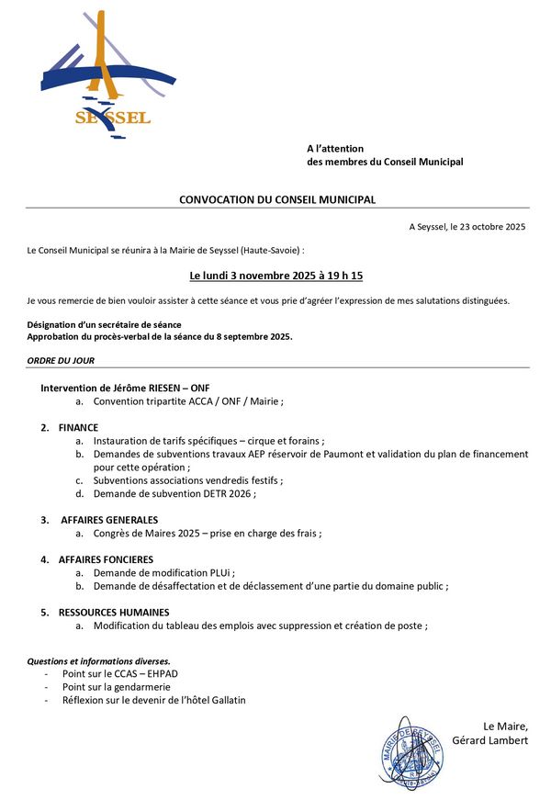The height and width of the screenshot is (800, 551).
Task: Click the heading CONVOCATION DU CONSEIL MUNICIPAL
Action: [x=277, y=199]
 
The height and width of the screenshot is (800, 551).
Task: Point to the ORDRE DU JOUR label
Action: [x=61, y=361]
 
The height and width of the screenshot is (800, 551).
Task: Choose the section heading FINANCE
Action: [x=78, y=428]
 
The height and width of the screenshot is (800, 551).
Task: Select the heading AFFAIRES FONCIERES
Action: [x=106, y=559]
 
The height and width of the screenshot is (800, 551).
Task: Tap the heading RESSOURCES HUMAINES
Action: [x=114, y=613]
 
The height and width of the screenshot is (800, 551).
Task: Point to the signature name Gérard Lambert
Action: [x=490, y=740]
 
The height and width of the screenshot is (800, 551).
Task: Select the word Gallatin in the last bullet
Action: [x=225, y=700]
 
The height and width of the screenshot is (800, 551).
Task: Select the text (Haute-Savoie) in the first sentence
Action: [x=268, y=250]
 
